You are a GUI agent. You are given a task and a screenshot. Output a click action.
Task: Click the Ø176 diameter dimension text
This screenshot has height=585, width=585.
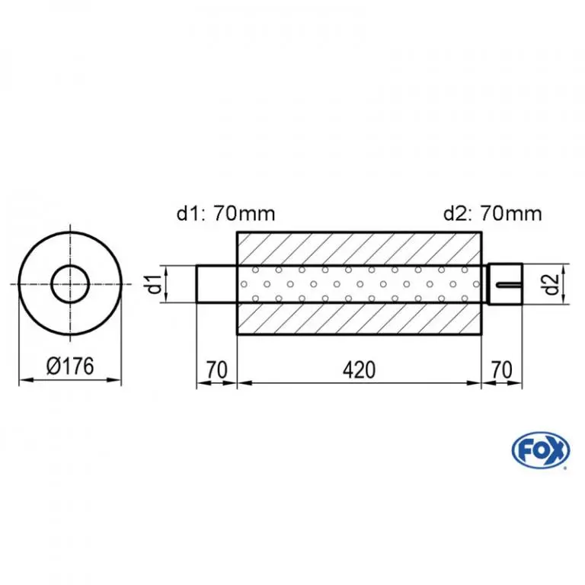[70, 366]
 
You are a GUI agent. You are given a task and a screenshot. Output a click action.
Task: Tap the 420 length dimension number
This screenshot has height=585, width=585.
[359, 370]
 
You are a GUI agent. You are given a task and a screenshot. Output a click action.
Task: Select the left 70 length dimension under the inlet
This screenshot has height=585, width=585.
[216, 370]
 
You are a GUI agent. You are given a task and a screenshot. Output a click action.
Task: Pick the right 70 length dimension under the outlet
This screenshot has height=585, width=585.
[502, 370]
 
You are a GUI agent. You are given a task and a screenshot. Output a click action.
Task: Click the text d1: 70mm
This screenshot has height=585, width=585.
[225, 214]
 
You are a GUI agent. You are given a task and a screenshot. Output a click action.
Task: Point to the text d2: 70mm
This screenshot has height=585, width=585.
[493, 214]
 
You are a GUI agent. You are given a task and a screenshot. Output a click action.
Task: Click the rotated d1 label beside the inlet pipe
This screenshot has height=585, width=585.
[155, 284]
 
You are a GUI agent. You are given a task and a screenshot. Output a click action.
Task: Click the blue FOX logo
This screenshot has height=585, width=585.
[541, 450]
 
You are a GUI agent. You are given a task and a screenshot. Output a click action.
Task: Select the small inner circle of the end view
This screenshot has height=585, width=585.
[70, 267]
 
